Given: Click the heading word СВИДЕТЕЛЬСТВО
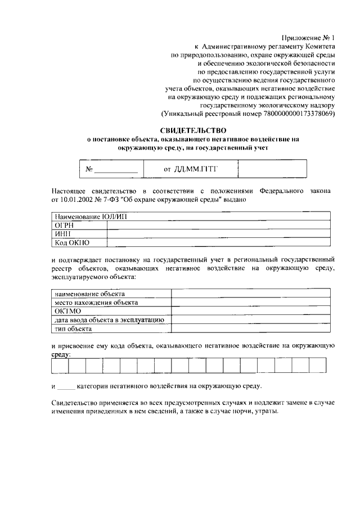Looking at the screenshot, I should (189, 130).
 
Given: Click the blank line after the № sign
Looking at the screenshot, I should (116, 169).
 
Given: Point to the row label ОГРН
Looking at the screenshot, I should (64, 225).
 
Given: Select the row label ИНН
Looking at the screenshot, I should (62, 233).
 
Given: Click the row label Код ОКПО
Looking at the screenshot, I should (71, 242).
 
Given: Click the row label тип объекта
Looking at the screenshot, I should (73, 328).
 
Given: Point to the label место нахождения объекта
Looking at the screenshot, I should (96, 302).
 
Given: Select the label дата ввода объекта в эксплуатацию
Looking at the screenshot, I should (109, 319).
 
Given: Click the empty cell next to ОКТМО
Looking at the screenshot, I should (250, 311).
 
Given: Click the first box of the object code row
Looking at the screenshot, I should (60, 366).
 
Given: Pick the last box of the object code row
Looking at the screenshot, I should (317, 366).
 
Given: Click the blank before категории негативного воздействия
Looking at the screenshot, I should (66, 387).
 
